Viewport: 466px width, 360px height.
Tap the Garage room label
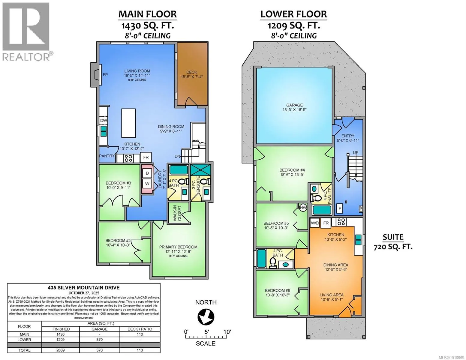[294, 107]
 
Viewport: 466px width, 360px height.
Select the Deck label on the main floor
[192, 74]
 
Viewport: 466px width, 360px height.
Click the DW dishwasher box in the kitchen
[104, 120]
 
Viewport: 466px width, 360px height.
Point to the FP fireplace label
[105, 74]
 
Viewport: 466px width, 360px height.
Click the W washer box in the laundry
[147, 183]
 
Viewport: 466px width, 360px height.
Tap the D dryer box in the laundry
[147, 173]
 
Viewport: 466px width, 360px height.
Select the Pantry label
[107, 156]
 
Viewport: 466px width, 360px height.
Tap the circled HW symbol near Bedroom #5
[303, 207]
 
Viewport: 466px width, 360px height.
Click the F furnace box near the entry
[340, 208]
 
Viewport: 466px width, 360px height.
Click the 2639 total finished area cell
[61, 350]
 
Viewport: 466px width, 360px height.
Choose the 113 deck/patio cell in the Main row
[140, 334]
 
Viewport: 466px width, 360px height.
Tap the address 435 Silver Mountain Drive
[84, 287]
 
